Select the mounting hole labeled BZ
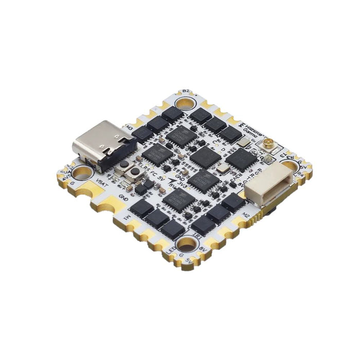point(185,103)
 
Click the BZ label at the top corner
point(186,92)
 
